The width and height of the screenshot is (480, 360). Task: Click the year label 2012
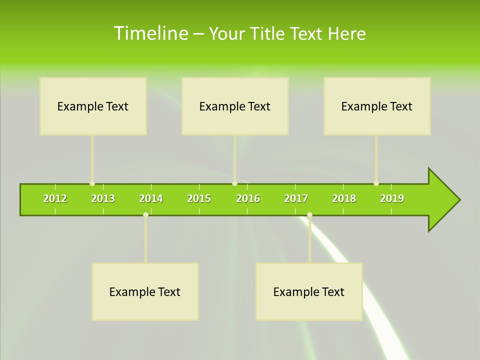click(x=55, y=198)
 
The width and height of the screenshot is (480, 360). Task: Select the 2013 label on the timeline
click(x=103, y=198)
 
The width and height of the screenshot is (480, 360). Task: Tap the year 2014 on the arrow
click(x=151, y=198)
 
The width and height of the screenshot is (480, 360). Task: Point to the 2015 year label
click(x=199, y=198)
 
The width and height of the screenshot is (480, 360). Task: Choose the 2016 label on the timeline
click(x=248, y=198)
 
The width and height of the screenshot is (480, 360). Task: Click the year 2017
click(x=296, y=198)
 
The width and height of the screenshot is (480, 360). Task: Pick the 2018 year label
click(x=344, y=198)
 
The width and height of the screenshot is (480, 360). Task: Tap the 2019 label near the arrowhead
click(x=392, y=198)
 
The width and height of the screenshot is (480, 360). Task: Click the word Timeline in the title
click(x=150, y=33)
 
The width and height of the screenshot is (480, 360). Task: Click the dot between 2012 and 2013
click(x=92, y=183)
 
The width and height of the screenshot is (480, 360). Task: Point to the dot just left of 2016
click(x=234, y=183)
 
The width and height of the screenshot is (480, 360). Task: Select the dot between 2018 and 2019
click(x=376, y=183)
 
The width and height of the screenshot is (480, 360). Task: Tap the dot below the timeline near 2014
click(x=145, y=215)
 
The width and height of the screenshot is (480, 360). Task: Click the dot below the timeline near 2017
click(x=309, y=215)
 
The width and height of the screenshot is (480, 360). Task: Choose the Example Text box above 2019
click(x=377, y=106)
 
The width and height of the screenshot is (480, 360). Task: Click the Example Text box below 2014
click(x=145, y=291)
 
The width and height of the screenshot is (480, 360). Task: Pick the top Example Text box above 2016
click(x=235, y=106)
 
